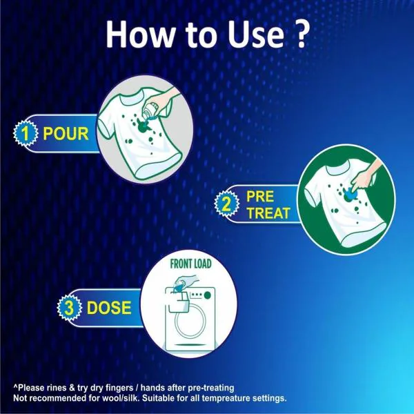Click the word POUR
pos(66,132)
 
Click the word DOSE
pos(108,306)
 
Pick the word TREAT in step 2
pos(268,213)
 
